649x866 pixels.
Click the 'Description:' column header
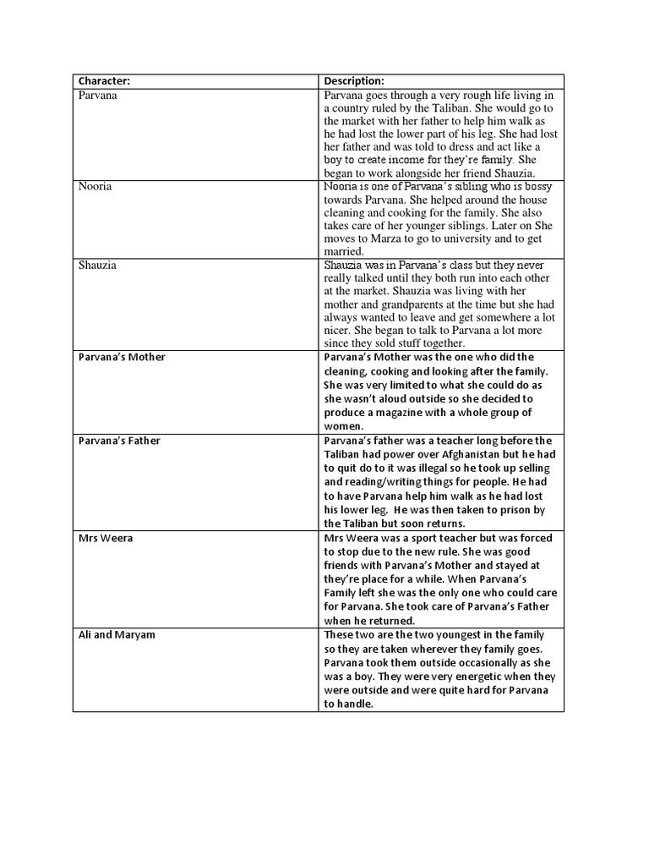tap(354, 81)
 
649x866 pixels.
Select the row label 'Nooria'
tap(95, 186)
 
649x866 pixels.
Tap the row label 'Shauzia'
tap(98, 265)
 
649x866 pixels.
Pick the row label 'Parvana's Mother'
tap(122, 357)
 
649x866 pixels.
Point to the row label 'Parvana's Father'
tap(119, 441)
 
